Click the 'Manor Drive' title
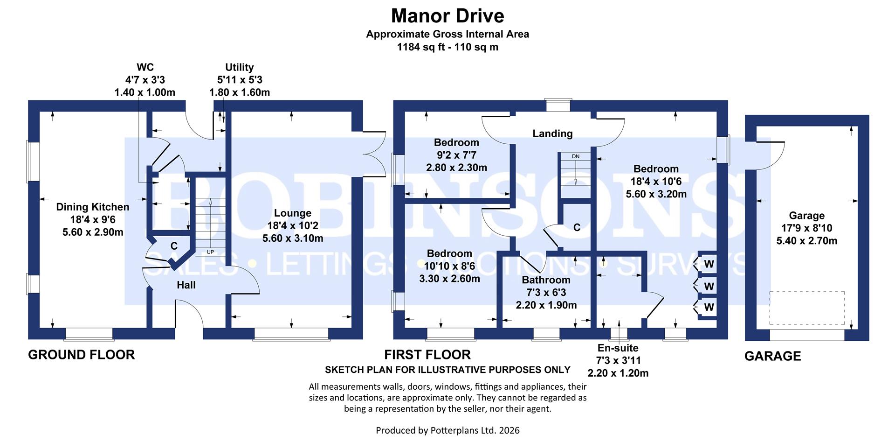coord(447,16)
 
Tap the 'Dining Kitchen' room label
coord(92,207)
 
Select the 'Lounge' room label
coord(292,213)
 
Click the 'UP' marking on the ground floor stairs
coord(210,252)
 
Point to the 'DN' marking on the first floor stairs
coord(575,156)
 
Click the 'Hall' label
coord(186,285)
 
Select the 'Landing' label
coord(552,133)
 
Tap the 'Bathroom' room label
coord(546,280)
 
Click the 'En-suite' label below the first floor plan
coord(618,348)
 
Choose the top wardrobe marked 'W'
coord(709,264)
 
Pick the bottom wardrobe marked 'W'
coord(709,307)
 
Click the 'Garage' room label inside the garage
coord(806,216)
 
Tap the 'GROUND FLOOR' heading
coord(81,355)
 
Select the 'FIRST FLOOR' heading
coord(427,355)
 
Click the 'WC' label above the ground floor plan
coord(145,67)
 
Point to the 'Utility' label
coord(239,67)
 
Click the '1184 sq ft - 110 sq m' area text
coord(447,47)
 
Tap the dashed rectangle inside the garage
coord(806,308)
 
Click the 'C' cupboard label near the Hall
coord(174,246)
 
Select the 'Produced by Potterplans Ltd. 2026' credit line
coord(447,430)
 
